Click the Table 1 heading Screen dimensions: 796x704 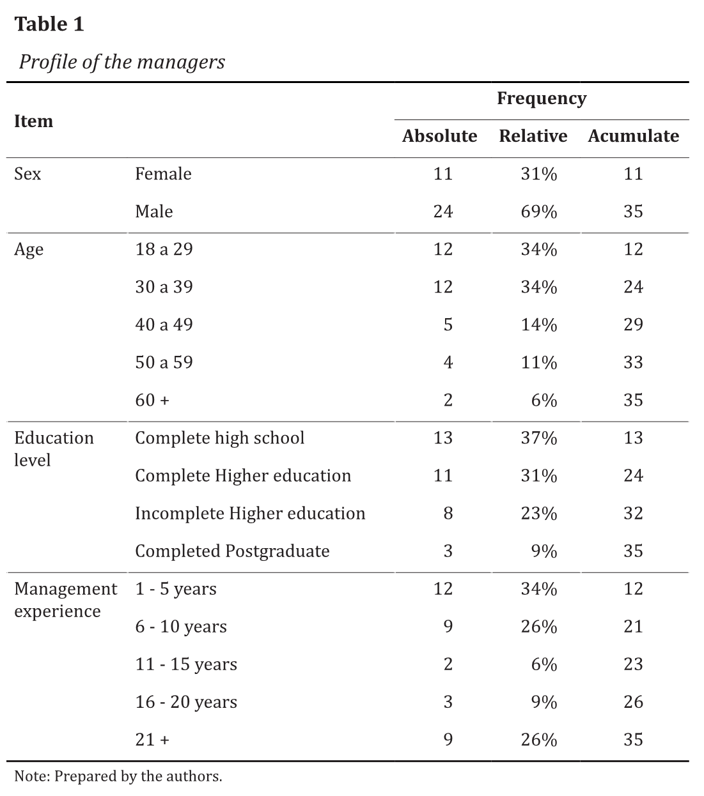tap(49, 24)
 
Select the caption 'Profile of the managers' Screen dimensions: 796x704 tap(121, 62)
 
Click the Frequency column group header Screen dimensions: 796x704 tap(541, 98)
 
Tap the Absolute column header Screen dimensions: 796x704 tap(439, 136)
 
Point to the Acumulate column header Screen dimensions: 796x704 tap(633, 136)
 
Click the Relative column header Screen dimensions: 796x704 tap(533, 136)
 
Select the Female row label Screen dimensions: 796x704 tap(163, 174)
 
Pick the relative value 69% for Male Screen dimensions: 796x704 tap(538, 211)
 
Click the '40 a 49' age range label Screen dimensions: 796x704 tap(164, 325)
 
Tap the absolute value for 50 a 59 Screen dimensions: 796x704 tap(448, 362)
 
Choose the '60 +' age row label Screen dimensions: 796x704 tap(152, 400)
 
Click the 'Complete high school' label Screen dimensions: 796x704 tap(219, 438)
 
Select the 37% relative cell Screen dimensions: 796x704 tap(538, 438)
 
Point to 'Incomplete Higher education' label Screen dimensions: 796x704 tap(250, 513)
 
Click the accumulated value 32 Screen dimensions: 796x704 tap(633, 513)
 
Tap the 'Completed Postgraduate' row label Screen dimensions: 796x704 tap(232, 551)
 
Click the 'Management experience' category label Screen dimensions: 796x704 tap(65, 600)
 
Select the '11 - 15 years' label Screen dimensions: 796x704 tap(186, 664)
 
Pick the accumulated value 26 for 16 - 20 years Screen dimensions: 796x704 tap(633, 701)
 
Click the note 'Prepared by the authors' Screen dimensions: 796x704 tap(118, 776)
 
